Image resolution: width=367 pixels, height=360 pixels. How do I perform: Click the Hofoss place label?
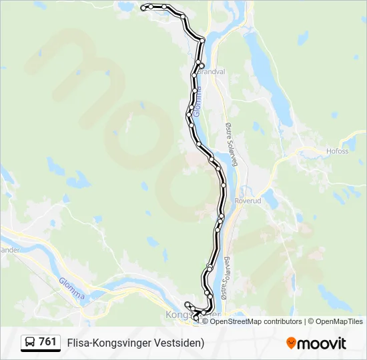tap(338, 151)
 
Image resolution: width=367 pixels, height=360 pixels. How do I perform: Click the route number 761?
tap(47, 342)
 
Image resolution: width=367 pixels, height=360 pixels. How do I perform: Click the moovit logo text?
tap(322, 343)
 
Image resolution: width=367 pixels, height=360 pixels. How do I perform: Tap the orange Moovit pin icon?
tap(291, 343)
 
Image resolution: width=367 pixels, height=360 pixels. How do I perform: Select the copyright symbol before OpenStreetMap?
tap(205, 321)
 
